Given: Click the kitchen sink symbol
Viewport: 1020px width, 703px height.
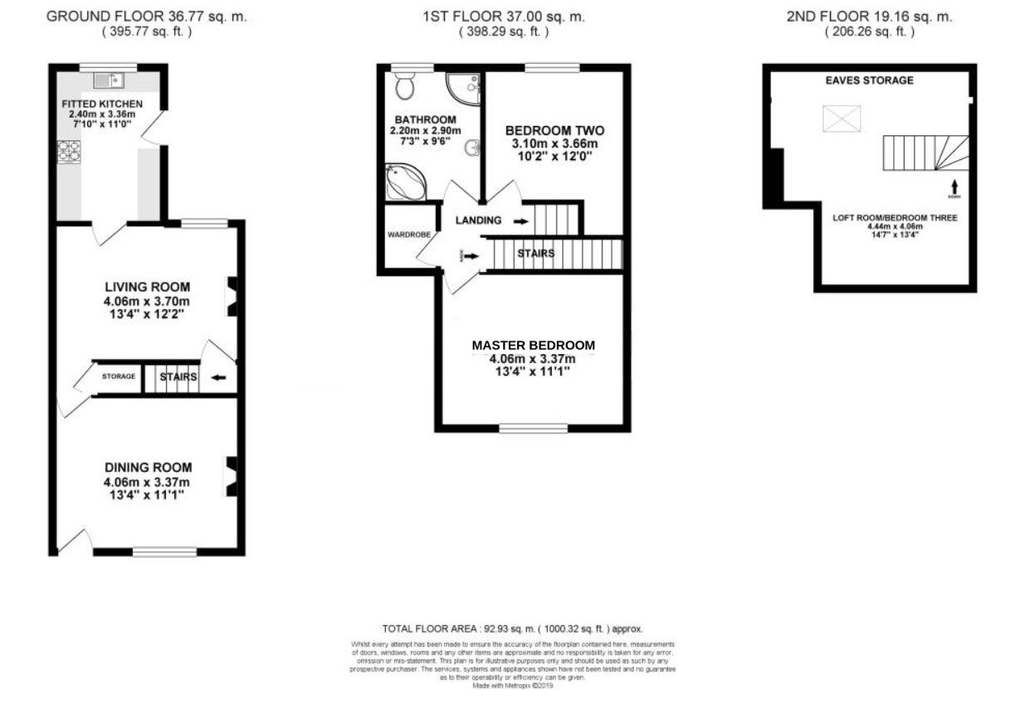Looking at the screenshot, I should coord(108,80).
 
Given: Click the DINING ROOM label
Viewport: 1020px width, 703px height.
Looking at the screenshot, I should coord(148,468).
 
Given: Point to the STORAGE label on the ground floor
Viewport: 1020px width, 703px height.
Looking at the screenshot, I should coord(119,377).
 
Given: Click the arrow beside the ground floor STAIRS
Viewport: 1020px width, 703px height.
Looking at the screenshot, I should coord(219,377).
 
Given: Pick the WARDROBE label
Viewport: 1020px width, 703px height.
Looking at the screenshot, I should coord(409,235).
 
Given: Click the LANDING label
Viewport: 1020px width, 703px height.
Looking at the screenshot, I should coord(479,221).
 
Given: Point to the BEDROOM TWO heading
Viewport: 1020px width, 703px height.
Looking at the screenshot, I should coord(554,131).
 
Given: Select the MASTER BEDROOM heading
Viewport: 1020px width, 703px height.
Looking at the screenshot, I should coord(533,345).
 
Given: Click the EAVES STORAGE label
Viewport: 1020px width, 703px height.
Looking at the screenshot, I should coord(869,80).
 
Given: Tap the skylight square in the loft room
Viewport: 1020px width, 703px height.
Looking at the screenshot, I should coord(842,119).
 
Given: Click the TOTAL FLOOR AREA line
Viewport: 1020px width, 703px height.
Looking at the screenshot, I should coord(511,629).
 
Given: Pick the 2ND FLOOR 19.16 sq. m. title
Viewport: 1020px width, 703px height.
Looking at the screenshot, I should coord(869,17).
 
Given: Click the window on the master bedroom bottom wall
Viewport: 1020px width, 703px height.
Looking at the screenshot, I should coord(534,428).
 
